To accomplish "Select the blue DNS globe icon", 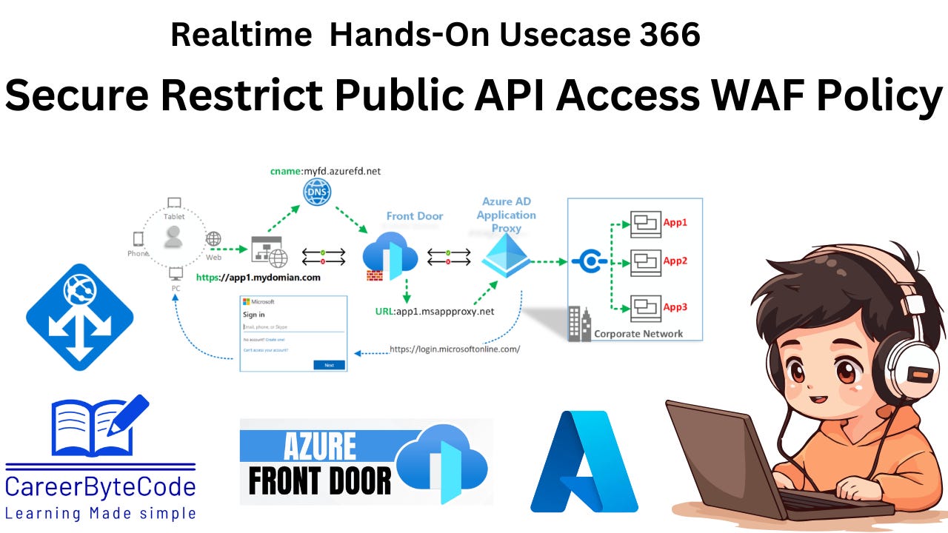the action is pyautogui.click(x=317, y=192).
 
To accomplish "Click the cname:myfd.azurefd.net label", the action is pyautogui.click(x=326, y=171).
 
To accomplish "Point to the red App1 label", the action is pyautogui.click(x=675, y=222).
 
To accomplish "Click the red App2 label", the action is pyautogui.click(x=675, y=261).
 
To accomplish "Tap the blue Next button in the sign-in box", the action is pyautogui.click(x=329, y=365).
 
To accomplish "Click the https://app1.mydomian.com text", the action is pyautogui.click(x=258, y=278).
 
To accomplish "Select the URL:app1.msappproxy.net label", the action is pyautogui.click(x=434, y=311).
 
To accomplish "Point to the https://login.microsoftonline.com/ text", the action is pyautogui.click(x=455, y=349).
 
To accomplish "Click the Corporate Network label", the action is pyautogui.click(x=638, y=333).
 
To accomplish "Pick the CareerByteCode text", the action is pyautogui.click(x=101, y=486).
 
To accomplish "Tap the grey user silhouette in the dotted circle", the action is pyautogui.click(x=174, y=237).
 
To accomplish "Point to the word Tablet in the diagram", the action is pyautogui.click(x=174, y=217).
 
